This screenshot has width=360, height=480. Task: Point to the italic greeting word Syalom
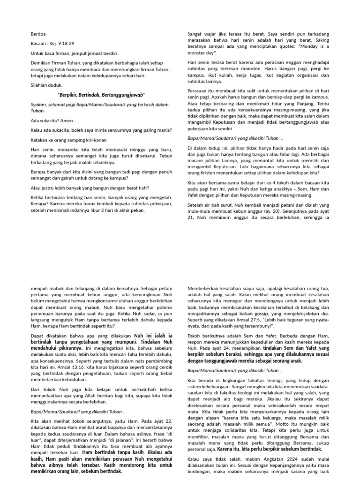click(40, 105)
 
